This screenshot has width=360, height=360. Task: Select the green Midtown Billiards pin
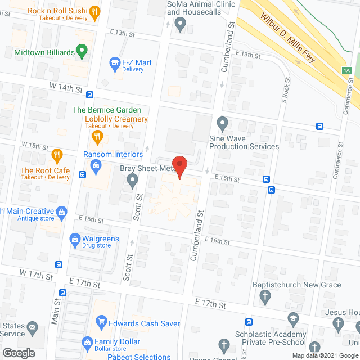point(82,53)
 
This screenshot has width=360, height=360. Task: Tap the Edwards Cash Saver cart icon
point(102,322)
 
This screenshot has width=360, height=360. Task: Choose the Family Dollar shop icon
point(88,341)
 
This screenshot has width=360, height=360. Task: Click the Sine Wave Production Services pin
point(222,123)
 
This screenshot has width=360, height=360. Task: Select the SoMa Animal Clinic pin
point(180,24)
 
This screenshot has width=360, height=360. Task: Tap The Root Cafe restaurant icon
point(57,154)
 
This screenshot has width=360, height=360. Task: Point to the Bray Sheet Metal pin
point(133,180)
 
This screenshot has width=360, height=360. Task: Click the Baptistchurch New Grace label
point(296,285)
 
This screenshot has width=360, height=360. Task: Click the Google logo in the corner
point(18,353)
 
